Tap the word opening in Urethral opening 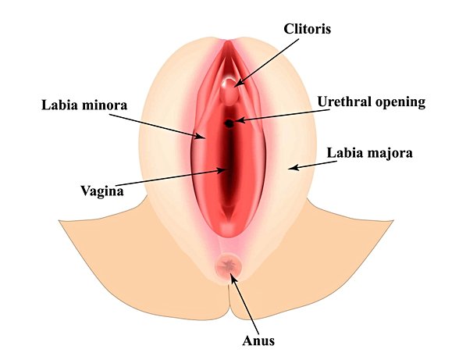pyautogui.click(x=399, y=103)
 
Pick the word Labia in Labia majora pyautogui.click(x=344, y=152)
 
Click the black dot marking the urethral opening pyautogui.click(x=229, y=123)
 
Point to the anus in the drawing pyautogui.click(x=229, y=267)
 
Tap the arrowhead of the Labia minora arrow pyautogui.click(x=202, y=137)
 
